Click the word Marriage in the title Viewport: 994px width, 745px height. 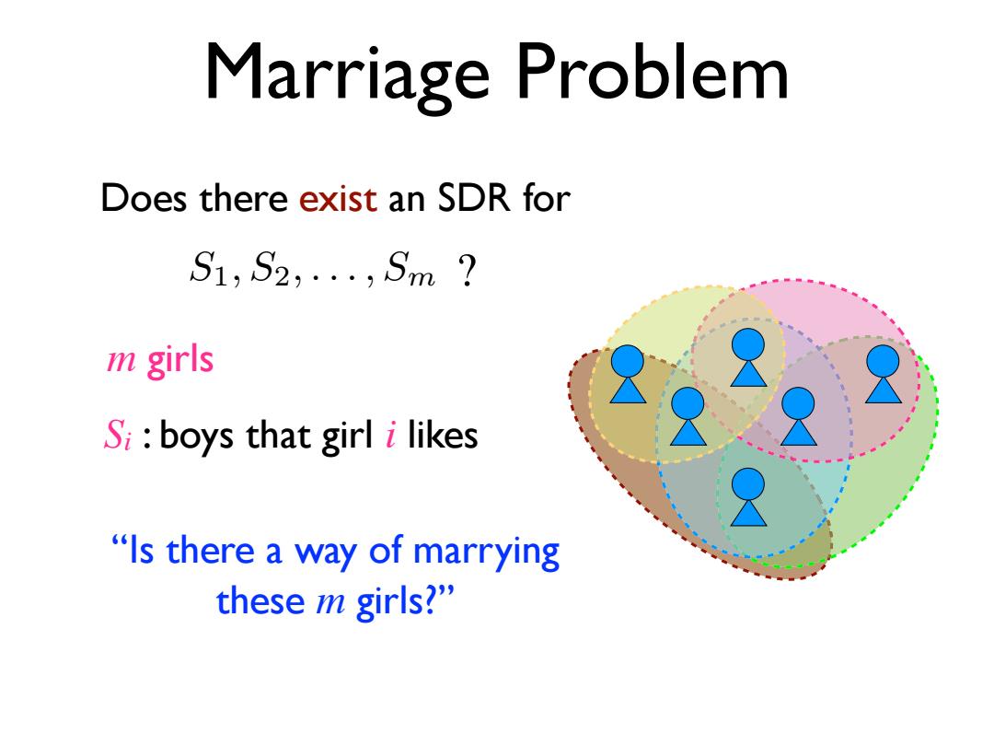tap(347, 75)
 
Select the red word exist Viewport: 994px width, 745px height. tap(338, 199)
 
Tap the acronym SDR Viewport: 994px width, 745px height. tap(474, 199)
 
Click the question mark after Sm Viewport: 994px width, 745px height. tap(467, 271)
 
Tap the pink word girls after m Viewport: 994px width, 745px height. tap(180, 361)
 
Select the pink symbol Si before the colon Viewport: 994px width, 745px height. tap(118, 436)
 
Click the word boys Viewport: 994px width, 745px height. tap(198, 437)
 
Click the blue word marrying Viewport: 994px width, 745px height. tap(486, 553)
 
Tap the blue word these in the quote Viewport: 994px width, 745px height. tap(260, 600)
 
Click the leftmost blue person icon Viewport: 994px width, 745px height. tap(628, 375)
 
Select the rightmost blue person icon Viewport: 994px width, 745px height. tap(883, 375)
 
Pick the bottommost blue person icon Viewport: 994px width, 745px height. tap(748, 497)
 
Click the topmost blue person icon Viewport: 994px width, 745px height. tap(748, 358)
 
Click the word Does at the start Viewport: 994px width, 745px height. tap(144, 199)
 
